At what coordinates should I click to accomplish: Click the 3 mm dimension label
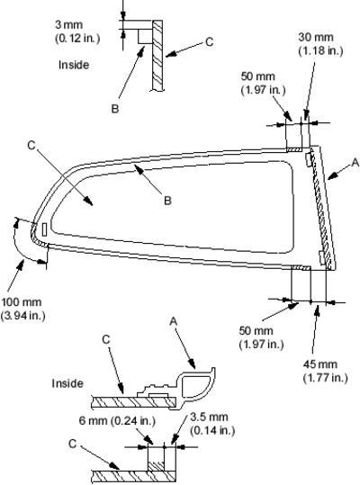[x=68, y=24]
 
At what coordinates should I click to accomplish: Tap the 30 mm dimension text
[x=316, y=37]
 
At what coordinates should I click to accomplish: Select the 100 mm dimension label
[x=22, y=302]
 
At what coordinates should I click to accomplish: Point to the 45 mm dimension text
[x=319, y=364]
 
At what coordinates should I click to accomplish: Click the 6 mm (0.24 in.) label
[x=117, y=421]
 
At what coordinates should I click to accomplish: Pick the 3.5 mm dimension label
[x=209, y=417]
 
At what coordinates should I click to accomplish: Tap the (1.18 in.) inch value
[x=320, y=50]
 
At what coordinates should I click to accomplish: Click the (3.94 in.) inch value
[x=22, y=316]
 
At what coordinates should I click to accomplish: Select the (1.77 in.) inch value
[x=326, y=378]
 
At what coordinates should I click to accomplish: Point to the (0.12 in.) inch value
[x=77, y=38]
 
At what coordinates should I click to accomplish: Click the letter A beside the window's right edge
[x=355, y=162]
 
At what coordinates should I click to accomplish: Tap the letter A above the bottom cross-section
[x=174, y=321]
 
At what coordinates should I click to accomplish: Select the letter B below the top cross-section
[x=114, y=109]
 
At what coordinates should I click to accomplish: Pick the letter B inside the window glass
[x=167, y=201]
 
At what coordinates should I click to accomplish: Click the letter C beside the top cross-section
[x=210, y=42]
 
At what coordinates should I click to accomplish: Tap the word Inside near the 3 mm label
[x=74, y=65]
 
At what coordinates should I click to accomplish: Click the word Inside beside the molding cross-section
[x=67, y=383]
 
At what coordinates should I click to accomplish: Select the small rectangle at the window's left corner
[x=44, y=229]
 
